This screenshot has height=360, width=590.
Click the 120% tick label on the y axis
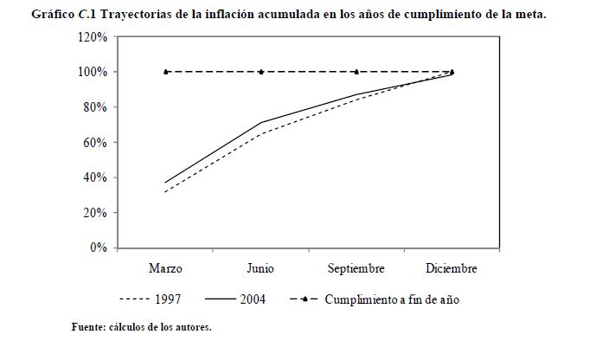click(92, 37)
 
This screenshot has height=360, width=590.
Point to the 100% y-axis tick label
click(92, 72)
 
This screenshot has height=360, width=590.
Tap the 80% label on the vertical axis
click(94, 107)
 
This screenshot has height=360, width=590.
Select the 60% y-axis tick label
click(94, 143)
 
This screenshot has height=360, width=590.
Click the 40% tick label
click(94, 177)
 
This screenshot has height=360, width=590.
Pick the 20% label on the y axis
click(94, 213)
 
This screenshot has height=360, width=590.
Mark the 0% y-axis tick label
click(97, 247)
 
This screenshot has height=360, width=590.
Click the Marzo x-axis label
click(165, 268)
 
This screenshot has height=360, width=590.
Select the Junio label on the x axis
click(260, 268)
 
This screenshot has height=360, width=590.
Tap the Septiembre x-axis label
click(356, 268)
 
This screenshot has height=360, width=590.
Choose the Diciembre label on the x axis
click(452, 268)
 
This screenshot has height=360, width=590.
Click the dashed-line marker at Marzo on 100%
click(165, 72)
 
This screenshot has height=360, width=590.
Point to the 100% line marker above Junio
click(261, 72)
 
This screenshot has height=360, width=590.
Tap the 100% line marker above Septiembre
click(356, 72)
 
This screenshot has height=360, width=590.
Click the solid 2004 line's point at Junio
click(261, 123)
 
